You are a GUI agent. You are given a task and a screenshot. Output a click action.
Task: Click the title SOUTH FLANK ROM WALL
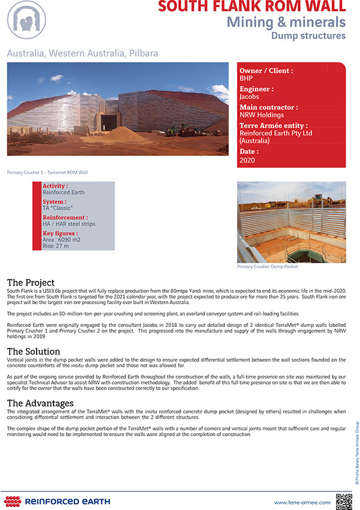pyautogui.click(x=252, y=7)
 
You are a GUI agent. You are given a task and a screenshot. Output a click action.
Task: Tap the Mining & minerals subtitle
pyautogui.click(x=286, y=22)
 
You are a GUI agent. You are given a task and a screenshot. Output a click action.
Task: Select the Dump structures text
pyautogui.click(x=308, y=36)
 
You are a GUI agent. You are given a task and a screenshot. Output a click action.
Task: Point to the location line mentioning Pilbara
pyautogui.click(x=83, y=53)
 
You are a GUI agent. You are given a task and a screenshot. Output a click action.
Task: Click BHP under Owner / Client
pyautogui.click(x=246, y=78)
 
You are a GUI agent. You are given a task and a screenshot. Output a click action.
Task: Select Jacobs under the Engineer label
pyautogui.click(x=250, y=97)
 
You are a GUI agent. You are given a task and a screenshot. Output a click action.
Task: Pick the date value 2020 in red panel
pyautogui.click(x=247, y=160)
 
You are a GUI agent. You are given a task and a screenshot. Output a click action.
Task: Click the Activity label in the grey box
pyautogui.click(x=55, y=187)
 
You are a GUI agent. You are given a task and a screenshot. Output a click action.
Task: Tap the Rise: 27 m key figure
pyautogui.click(x=56, y=246)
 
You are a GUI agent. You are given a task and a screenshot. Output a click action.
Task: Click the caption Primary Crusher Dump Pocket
pyautogui.click(x=268, y=266)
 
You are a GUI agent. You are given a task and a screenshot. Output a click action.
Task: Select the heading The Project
pyautogui.click(x=31, y=283)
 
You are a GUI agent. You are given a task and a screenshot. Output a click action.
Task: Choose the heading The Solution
pyautogui.click(x=34, y=352)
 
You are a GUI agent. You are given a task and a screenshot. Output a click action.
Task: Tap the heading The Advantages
pyautogui.click(x=40, y=403)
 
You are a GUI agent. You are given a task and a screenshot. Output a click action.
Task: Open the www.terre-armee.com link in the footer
pyautogui.click(x=302, y=502)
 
